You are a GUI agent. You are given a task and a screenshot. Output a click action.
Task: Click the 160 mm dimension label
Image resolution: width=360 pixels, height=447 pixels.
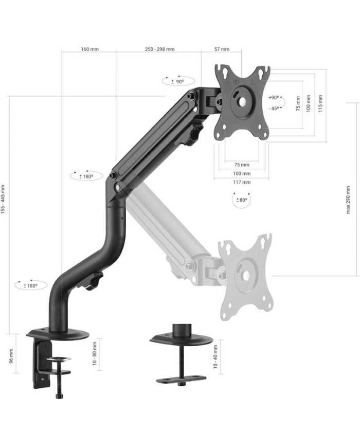pos(90,49)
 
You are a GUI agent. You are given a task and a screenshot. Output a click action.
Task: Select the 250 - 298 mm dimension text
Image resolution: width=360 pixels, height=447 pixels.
pos(159,49)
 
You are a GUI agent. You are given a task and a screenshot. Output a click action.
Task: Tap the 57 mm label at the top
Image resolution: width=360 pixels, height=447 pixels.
pos(222,49)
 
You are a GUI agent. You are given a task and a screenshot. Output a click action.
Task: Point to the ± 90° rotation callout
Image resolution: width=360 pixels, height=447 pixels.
pos(178,81)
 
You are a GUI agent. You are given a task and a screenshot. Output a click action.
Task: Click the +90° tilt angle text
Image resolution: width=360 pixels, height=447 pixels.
pos(274,98)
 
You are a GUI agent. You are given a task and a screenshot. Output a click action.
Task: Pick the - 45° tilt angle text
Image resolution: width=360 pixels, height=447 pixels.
pos(274,109)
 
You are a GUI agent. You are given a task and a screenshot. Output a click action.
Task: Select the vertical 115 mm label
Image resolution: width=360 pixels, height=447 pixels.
pos(320,103)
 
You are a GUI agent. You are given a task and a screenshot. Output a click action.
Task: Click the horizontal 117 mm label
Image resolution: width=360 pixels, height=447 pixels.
pos(242,182)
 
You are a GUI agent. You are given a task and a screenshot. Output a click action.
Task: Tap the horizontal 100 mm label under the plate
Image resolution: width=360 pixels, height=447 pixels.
pos(242,174)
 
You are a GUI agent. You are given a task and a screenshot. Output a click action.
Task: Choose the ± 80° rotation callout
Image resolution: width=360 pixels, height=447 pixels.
pos(242,200)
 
